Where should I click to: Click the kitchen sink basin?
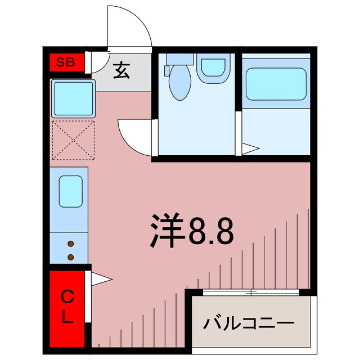(71, 191)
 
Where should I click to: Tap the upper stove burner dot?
(71, 244)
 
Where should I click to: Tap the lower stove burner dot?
(71, 257)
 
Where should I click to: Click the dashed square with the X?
(73, 139)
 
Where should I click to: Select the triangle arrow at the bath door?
(250, 149)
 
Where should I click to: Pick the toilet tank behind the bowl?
(179, 58)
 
